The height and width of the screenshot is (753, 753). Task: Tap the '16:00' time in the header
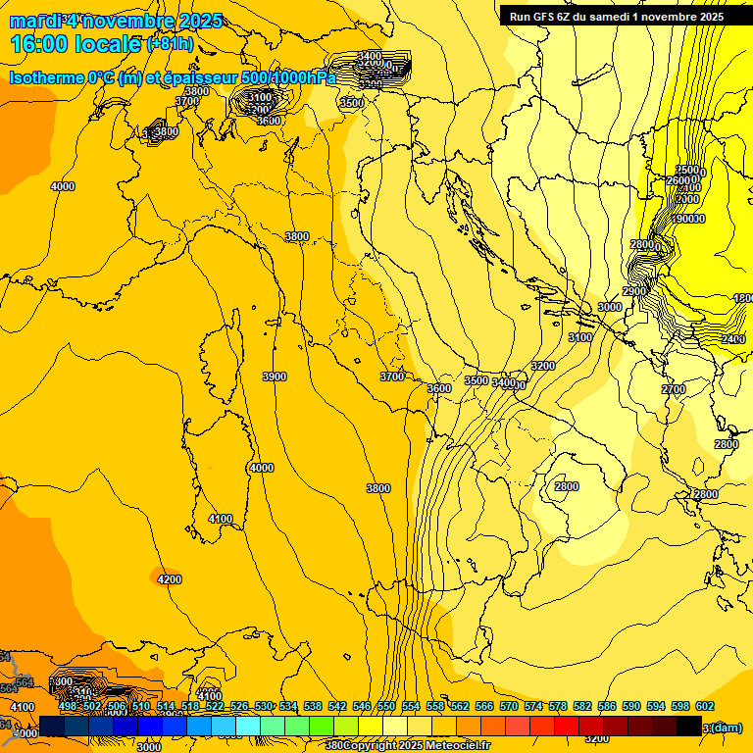pos(40,44)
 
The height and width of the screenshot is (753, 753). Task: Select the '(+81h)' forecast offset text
pos(170,44)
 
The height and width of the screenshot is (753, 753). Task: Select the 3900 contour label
pos(275,376)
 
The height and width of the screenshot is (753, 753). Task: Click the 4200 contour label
pos(170,579)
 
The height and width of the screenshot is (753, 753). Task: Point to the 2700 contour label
pos(674,389)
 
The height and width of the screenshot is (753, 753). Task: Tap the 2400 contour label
pos(732,339)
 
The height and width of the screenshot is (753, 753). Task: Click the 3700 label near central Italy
pos(392,376)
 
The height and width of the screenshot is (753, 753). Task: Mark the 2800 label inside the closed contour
pos(566,486)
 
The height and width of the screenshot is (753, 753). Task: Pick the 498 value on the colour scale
pos(68,706)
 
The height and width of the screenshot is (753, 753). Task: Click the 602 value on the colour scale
pos(704,706)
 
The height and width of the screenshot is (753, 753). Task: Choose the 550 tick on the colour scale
pos(385,706)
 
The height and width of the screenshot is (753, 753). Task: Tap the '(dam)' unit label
pos(725,728)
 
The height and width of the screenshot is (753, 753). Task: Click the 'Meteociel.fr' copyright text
pos(456,746)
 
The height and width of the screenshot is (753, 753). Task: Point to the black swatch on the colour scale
pos(689,726)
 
